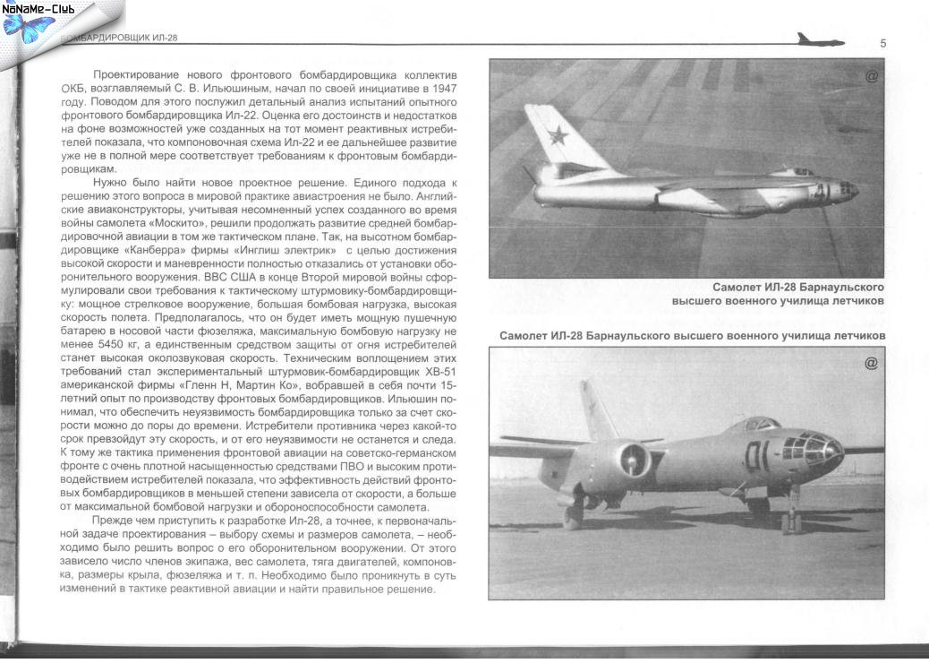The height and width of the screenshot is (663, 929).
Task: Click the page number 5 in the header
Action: pyautogui.click(x=882, y=44)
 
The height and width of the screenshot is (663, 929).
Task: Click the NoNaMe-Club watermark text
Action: pyautogui.click(x=38, y=9)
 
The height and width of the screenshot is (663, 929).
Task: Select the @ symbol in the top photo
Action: pyautogui.click(x=871, y=76)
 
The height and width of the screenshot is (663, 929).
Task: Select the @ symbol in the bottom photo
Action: pyautogui.click(x=871, y=363)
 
